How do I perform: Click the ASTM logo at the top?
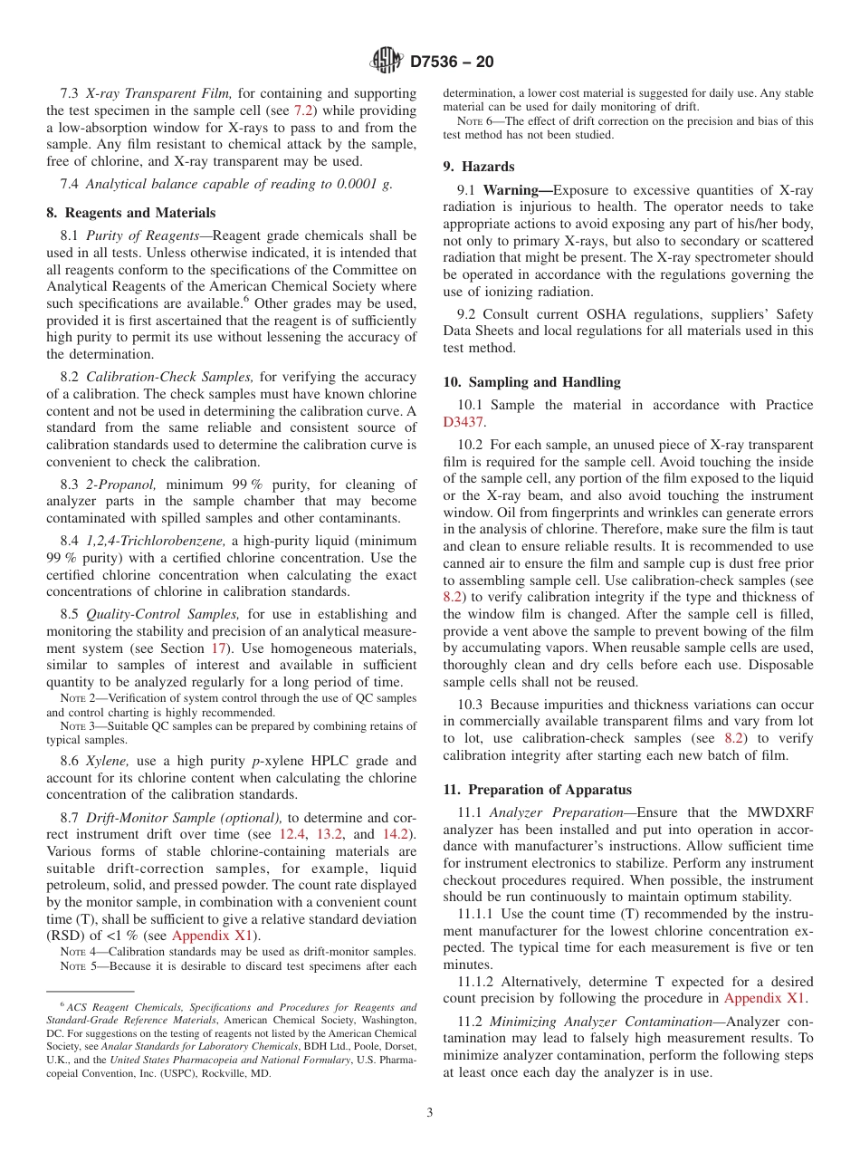(x=387, y=62)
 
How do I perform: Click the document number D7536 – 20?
(x=452, y=62)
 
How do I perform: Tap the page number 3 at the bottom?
(x=430, y=1112)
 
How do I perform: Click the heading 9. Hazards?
(x=479, y=167)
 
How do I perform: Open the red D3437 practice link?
(x=463, y=422)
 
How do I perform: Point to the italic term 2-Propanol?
(x=130, y=485)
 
